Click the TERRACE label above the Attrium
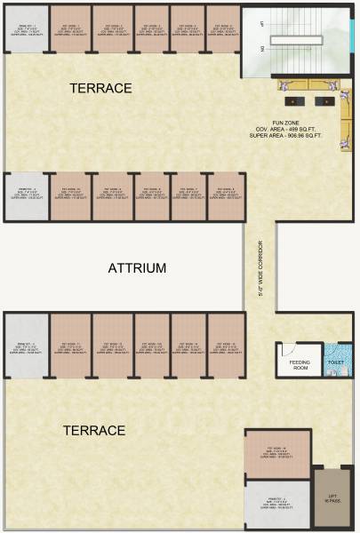click(101, 88)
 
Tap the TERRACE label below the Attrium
click(93, 430)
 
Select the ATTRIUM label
click(137, 267)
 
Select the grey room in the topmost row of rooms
click(23, 29)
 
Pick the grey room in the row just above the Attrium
click(23, 195)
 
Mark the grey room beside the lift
click(276, 505)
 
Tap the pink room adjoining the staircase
click(222, 29)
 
